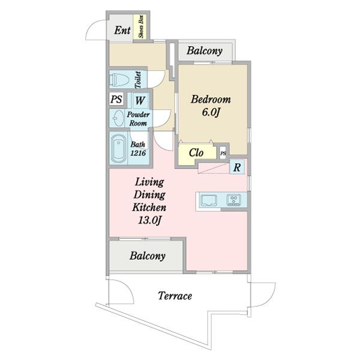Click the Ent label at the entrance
click(122, 31)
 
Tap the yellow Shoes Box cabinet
click(140, 26)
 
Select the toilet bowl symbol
click(119, 79)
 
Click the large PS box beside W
click(116, 99)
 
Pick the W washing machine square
click(140, 100)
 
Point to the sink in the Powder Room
click(118, 118)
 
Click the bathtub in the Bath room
click(118, 148)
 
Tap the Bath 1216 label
click(138, 149)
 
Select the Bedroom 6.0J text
click(211, 106)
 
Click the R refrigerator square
click(237, 167)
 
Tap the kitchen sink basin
click(209, 200)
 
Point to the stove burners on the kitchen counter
click(234, 200)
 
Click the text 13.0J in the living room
click(149, 220)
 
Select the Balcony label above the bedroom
click(205, 51)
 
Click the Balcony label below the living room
click(147, 256)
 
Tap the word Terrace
click(175, 296)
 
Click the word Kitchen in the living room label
click(149, 208)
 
